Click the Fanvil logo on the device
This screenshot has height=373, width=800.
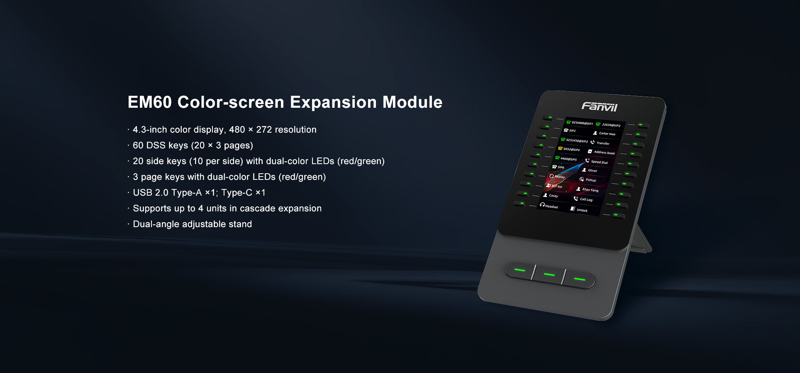600,107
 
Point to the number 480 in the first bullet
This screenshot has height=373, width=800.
237,130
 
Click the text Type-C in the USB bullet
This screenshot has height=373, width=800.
237,193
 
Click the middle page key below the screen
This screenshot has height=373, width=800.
549,274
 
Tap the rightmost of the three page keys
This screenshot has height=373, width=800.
579,279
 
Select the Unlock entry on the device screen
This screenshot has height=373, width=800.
582,210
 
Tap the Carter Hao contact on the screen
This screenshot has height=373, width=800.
607,134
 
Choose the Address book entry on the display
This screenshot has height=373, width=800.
604,153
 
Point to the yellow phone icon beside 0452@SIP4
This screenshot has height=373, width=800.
560,148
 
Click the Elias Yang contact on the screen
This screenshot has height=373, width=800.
590,190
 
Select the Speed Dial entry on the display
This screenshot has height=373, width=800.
599,162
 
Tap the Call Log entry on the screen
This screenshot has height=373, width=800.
586,199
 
